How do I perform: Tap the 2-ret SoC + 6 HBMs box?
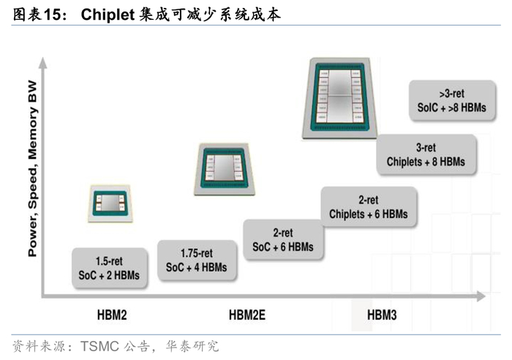pos(283,240)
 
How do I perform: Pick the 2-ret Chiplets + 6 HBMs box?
pos(368,207)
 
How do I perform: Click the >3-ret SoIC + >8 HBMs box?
pos(452,100)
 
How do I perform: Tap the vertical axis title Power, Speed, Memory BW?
pos(32,172)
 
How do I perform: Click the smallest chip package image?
pos(110,203)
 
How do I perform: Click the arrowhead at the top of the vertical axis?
pos(44,64)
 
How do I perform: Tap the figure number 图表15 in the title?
pos(34,15)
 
